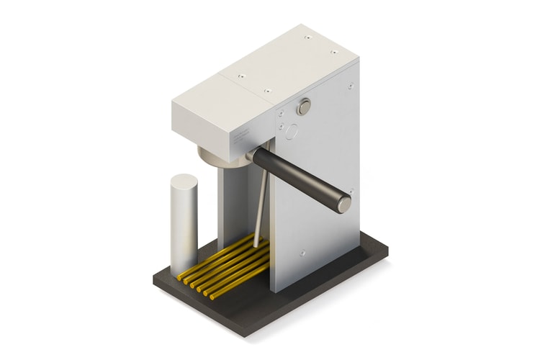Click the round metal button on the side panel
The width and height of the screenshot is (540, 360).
click(304, 107)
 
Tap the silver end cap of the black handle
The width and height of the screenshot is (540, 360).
click(345, 204)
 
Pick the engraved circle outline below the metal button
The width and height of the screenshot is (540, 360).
click(291, 132)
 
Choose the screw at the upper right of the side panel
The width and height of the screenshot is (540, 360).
click(351, 86)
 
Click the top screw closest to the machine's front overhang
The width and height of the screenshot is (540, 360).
click(241, 73)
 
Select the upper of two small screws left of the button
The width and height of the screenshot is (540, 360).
click(279, 112)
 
